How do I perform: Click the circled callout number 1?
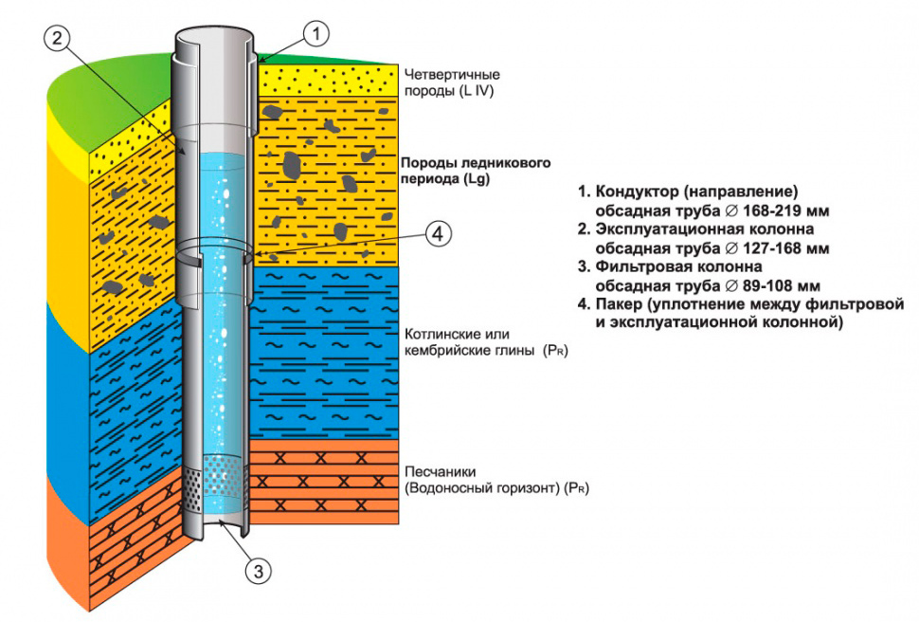tap(315, 34)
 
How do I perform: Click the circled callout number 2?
tap(58, 38)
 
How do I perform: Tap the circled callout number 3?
tap(260, 570)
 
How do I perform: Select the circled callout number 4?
tap(437, 234)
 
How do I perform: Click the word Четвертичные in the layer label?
tap(452, 74)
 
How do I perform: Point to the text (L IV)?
tap(474, 92)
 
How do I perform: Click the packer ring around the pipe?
tap(216, 253)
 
